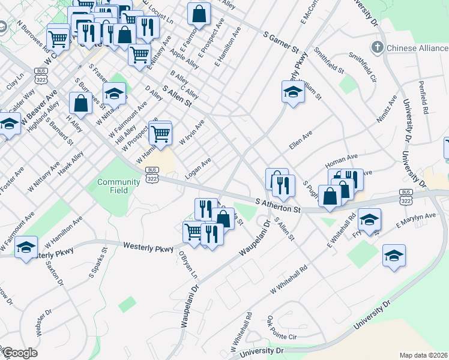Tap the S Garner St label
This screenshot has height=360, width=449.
281,39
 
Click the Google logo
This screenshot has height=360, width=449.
19,353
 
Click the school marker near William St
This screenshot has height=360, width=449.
293,92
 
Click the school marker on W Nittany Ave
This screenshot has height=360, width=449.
114,92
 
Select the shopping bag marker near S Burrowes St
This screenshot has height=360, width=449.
80,103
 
